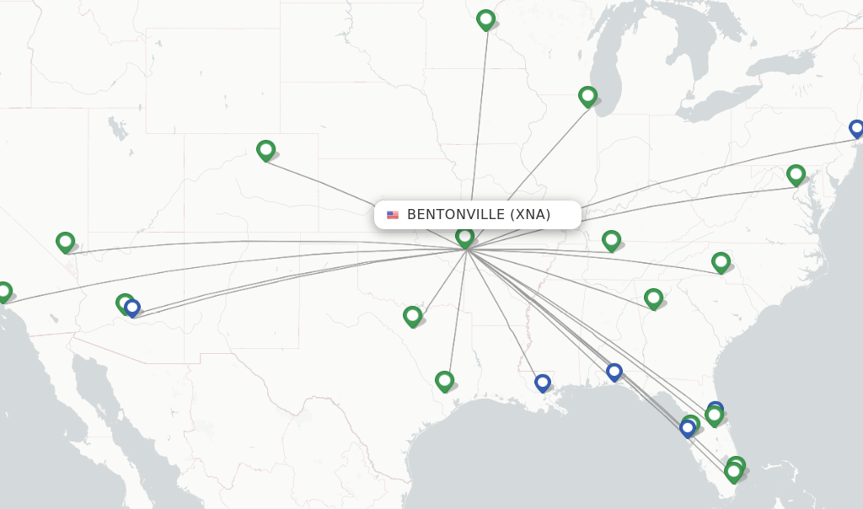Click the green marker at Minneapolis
tap(485, 19)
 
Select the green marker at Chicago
tap(587, 96)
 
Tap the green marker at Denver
tap(265, 150)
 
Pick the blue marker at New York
tap(856, 128)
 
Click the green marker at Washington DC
tap(796, 174)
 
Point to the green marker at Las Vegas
tap(65, 242)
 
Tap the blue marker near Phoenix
tap(132, 308)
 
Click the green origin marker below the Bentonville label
tap(464, 237)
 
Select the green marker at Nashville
tap(611, 240)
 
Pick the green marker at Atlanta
tap(653, 298)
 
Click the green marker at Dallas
tap(412, 316)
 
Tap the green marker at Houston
tap(444, 381)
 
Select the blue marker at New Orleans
tap(542, 383)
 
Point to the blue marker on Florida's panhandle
tap(614, 371)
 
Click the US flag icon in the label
tap(393, 215)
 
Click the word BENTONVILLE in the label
tap(456, 215)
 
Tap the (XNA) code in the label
tap(530, 215)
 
